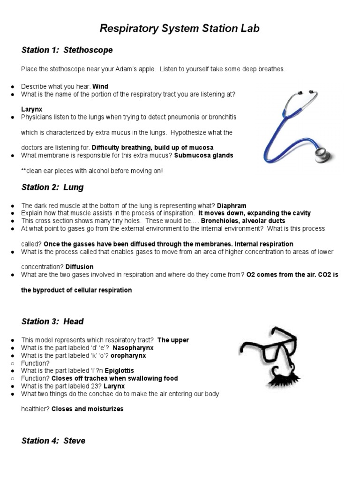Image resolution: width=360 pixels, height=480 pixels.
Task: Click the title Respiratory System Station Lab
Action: (x=180, y=29)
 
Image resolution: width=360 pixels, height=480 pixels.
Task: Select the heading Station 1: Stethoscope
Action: (x=67, y=50)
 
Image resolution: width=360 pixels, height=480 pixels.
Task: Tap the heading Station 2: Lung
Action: (x=52, y=187)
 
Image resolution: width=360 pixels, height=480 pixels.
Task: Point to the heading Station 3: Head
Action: (x=52, y=321)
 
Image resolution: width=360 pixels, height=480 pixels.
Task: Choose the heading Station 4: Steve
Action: (x=53, y=441)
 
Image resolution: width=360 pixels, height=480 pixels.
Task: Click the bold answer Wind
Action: (x=100, y=87)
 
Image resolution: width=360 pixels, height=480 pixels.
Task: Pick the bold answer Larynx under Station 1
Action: (x=31, y=109)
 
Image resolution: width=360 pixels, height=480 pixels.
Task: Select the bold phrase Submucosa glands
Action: (x=203, y=155)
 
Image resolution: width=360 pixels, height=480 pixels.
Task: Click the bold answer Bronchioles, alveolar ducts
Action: (x=243, y=221)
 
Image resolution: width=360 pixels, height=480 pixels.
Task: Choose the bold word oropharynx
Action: (x=128, y=355)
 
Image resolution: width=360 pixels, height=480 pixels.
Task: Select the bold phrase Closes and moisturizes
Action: (x=87, y=409)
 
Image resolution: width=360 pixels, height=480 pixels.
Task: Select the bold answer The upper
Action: (x=173, y=340)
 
